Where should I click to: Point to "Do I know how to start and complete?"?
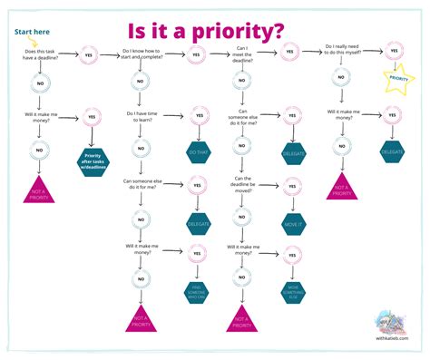142,55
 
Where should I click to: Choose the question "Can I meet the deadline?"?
242,54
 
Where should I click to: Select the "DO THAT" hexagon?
198,152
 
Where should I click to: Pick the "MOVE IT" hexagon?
292,221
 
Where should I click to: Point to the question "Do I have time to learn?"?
141,118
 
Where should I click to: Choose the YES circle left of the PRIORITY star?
394,52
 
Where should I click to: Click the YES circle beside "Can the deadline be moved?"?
292,187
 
